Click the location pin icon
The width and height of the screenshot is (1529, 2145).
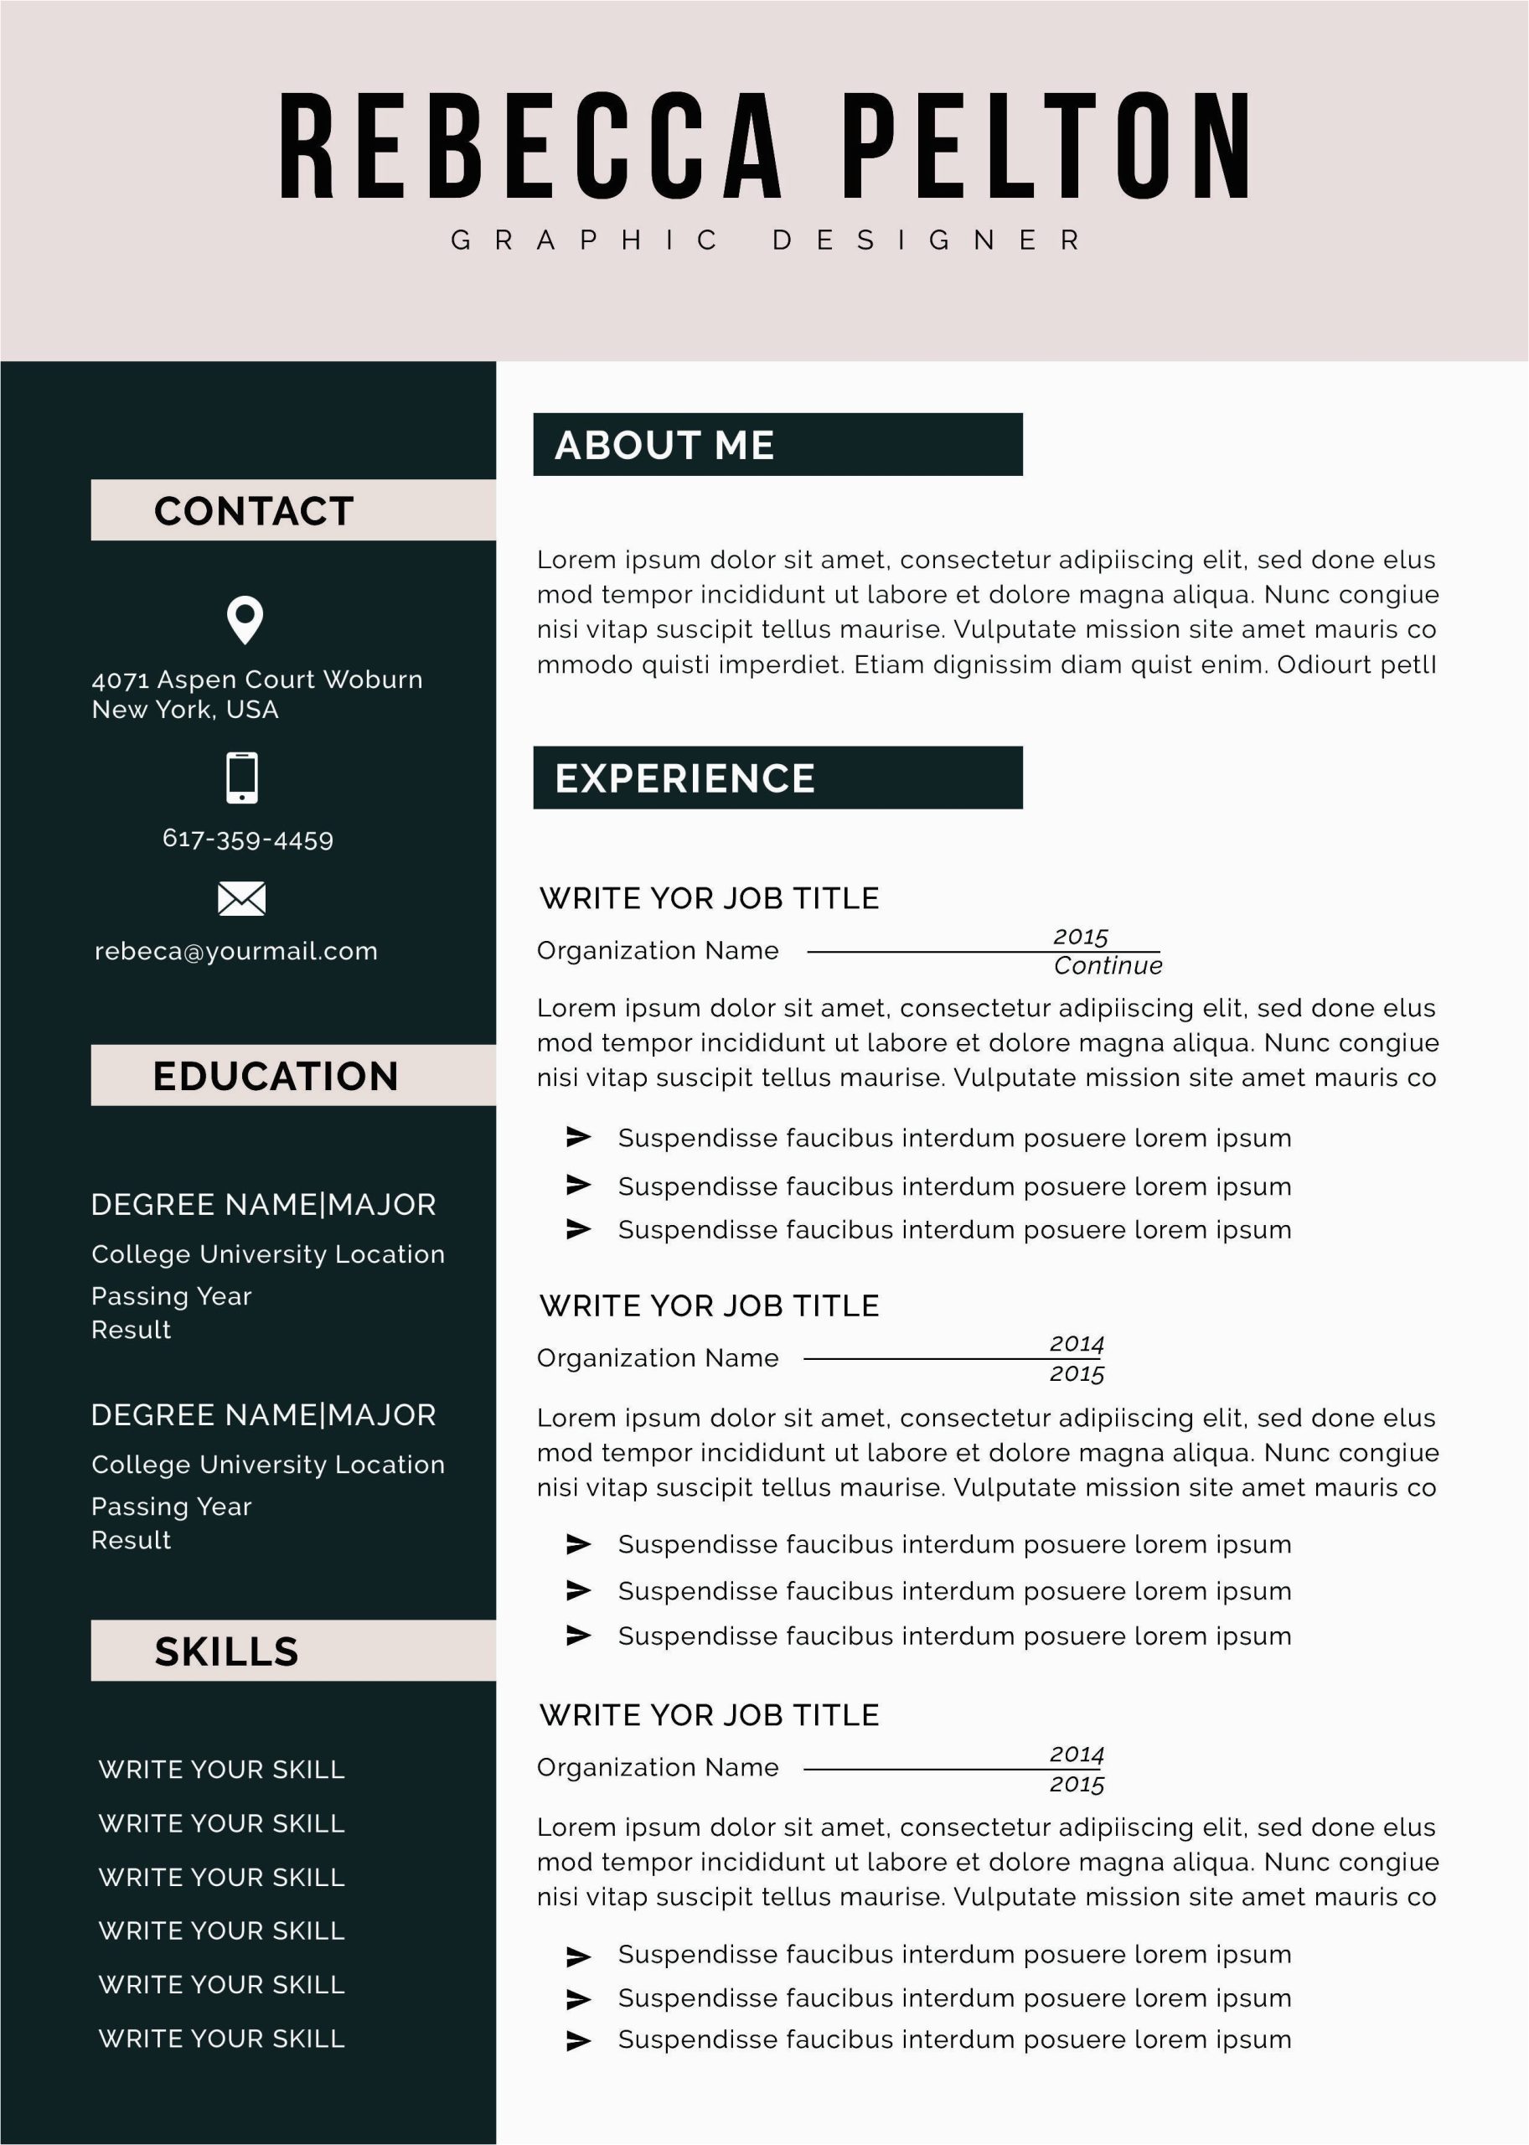point(245,618)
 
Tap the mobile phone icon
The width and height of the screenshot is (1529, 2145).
point(242,777)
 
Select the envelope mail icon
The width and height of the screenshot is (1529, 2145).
point(242,898)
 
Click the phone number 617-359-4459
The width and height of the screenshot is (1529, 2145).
point(248,839)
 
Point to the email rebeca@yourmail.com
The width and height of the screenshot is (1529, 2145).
point(236,951)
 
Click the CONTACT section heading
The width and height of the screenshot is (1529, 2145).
point(254,510)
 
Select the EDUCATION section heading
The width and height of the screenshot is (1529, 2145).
point(275,1075)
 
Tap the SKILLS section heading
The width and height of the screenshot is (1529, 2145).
point(226,1651)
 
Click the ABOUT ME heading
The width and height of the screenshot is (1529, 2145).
point(664,444)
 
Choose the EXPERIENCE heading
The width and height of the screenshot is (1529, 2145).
point(684,778)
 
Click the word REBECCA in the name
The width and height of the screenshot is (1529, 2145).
point(530,146)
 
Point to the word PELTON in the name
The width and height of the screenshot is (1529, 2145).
point(1045,146)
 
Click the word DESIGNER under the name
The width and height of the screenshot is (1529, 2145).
point(927,240)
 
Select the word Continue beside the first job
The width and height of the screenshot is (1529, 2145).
point(1108,966)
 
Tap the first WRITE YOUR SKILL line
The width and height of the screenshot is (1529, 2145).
point(221,1770)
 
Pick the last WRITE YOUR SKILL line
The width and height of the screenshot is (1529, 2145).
point(221,2039)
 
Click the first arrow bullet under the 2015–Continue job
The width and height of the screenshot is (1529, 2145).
point(578,1138)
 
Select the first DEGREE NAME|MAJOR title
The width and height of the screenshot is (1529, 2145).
point(264,1204)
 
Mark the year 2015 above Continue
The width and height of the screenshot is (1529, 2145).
point(1080,937)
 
